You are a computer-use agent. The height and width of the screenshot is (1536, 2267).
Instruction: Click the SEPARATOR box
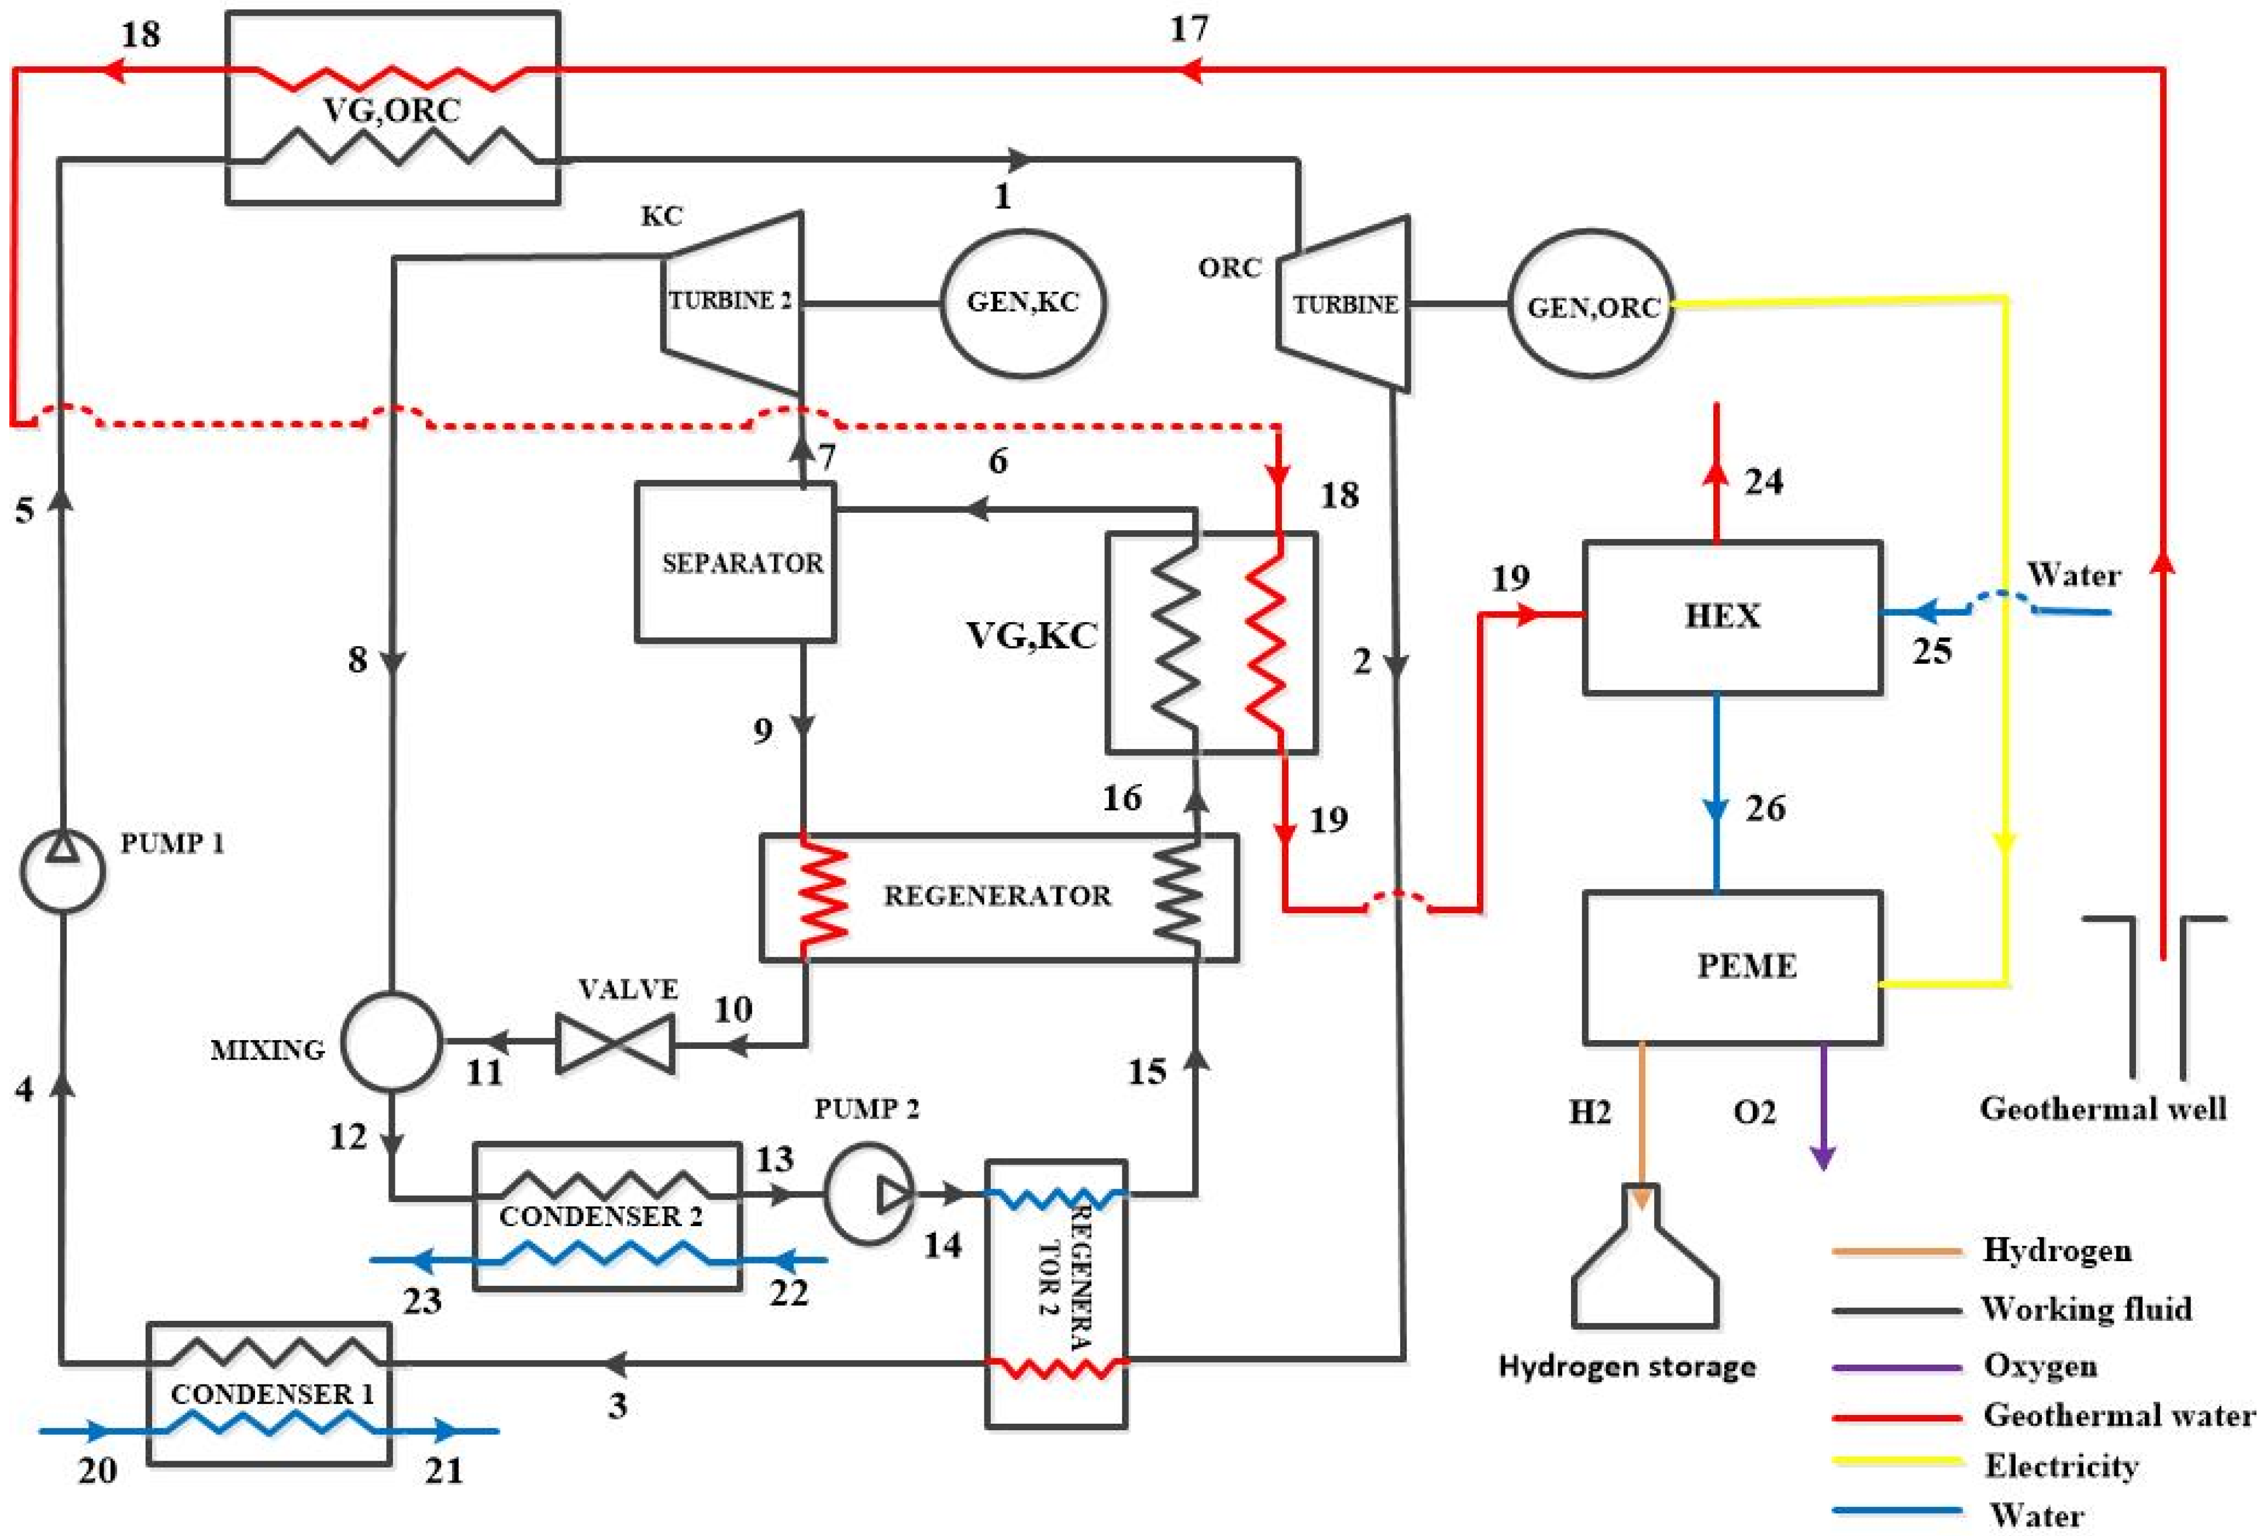[736, 562]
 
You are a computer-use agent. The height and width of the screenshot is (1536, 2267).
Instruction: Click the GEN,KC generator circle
[1022, 303]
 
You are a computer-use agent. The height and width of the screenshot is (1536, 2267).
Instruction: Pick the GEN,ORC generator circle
[1592, 303]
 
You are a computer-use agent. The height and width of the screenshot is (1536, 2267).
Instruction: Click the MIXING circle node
[391, 1041]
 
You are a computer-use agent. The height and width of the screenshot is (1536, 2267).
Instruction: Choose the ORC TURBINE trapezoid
[1344, 303]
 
